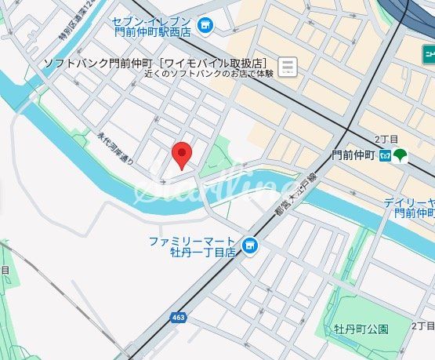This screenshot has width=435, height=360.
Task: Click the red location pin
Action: pyautogui.click(x=182, y=155)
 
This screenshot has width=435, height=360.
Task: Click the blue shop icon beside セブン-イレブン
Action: pyautogui.click(x=205, y=27)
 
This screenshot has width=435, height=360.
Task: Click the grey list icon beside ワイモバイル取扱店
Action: pyautogui.click(x=288, y=67)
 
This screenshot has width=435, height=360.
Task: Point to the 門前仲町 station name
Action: pyautogui.click(x=354, y=155)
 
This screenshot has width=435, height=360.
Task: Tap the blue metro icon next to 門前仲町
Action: pyautogui.click(x=384, y=155)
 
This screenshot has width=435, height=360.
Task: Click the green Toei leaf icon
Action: pyautogui.click(x=400, y=155)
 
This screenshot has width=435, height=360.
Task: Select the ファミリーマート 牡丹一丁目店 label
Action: pyautogui.click(x=192, y=246)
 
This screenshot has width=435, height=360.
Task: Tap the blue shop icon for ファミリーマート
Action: pyautogui.click(x=250, y=247)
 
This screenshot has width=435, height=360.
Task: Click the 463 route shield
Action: pyautogui.click(x=178, y=317)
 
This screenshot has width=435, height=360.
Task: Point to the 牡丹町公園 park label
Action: pyautogui.click(x=361, y=328)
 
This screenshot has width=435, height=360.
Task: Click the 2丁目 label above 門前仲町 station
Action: pyautogui.click(x=386, y=138)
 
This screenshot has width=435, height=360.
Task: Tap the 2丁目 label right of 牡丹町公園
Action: pyautogui.click(x=422, y=325)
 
